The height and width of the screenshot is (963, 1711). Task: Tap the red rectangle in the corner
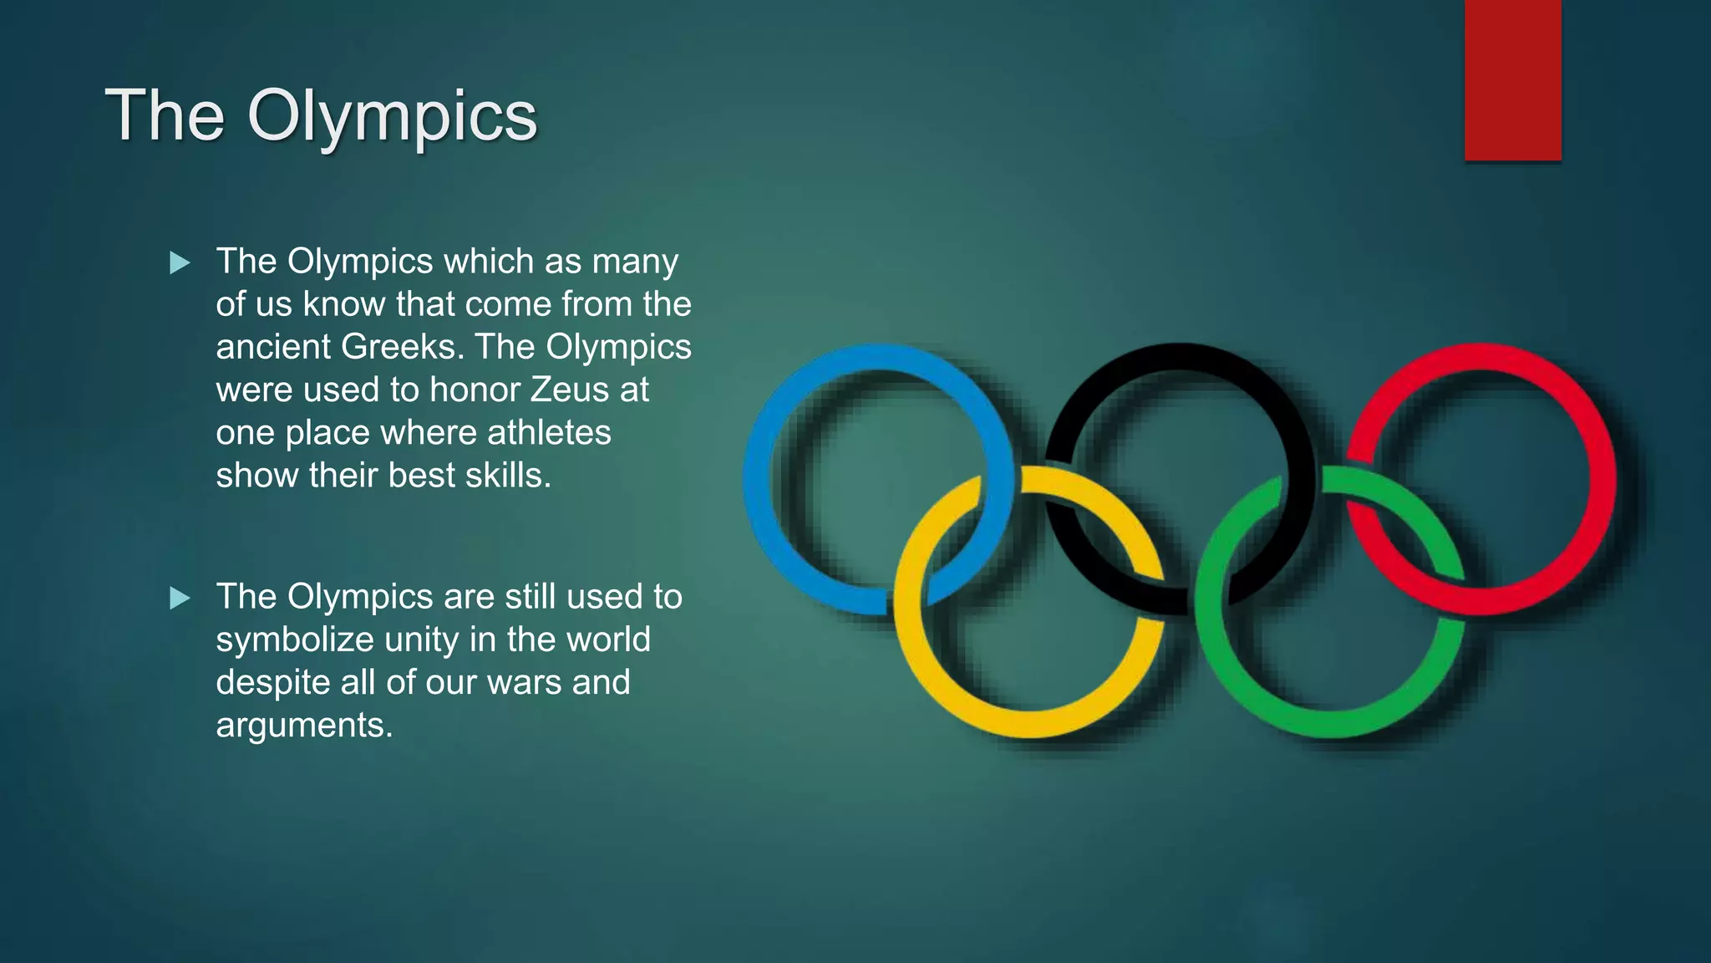coord(1512,80)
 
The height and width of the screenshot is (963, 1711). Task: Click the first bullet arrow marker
coord(180,263)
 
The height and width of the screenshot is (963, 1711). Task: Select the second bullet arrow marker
coord(180,598)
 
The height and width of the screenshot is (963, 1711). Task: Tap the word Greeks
coord(399,347)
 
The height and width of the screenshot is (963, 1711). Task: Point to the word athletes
coord(549,432)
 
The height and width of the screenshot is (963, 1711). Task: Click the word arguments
coord(303,726)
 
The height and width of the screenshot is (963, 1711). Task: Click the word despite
coord(273,682)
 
